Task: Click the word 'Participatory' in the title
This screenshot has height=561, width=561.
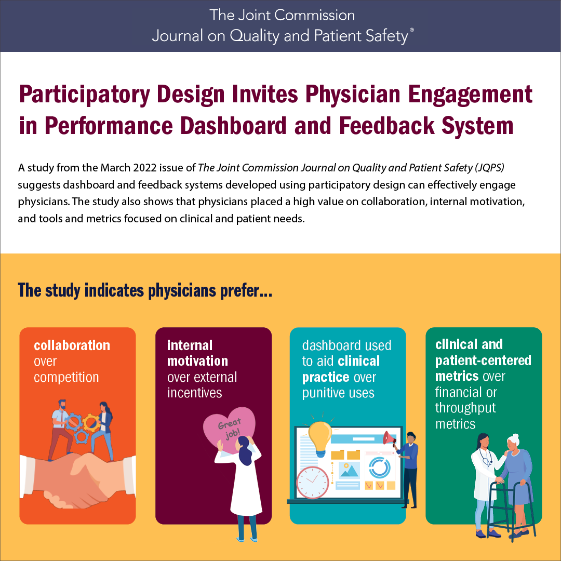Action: tap(85, 95)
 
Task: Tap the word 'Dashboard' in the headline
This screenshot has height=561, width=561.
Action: tap(233, 126)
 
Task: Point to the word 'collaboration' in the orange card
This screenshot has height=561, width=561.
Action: tap(72, 345)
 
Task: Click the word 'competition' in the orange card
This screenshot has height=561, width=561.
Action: tap(66, 377)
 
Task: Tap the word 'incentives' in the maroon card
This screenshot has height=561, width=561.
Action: tap(194, 393)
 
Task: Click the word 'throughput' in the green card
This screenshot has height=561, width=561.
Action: tap(465, 408)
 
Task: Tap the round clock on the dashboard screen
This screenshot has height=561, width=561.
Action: tap(312, 483)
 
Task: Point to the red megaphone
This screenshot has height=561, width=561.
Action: tap(390, 438)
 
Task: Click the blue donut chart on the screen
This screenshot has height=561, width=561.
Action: tap(379, 468)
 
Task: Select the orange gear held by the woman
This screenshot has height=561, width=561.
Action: tap(91, 422)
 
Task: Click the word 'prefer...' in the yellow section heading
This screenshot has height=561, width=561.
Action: tap(246, 291)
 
